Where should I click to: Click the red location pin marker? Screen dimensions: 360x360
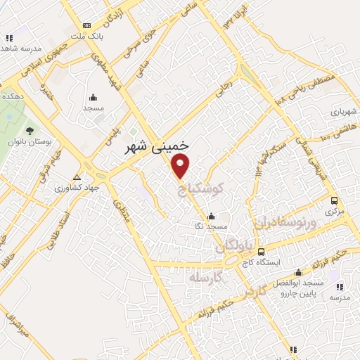pos(181,167)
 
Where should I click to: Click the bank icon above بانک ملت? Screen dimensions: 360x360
pos(86,23)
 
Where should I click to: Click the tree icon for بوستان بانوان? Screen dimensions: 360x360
pos(29,131)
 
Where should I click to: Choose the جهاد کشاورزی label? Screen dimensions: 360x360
pos(79,188)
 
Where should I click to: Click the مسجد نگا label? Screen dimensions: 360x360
pos(212,227)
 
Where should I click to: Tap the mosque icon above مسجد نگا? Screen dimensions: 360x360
pos(211,216)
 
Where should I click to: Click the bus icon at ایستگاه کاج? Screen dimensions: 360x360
pos(262,252)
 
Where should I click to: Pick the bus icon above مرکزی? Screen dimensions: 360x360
pos(335,200)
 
